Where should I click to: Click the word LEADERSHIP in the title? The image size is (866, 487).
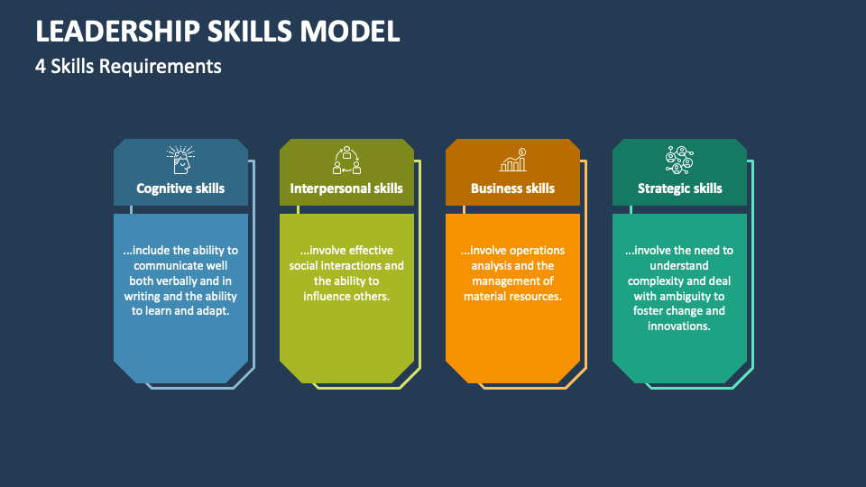[x=117, y=31]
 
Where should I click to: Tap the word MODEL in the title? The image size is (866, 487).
[x=350, y=31]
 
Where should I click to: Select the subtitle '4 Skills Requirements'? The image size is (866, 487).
[x=128, y=66]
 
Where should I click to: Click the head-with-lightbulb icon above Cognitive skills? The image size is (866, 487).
[x=180, y=161]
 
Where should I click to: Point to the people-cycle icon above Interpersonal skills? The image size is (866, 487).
[x=346, y=161]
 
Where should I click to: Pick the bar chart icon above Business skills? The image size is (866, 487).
[x=513, y=161]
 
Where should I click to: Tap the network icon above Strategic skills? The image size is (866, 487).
[x=679, y=161]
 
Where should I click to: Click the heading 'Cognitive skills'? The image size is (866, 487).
[x=180, y=188]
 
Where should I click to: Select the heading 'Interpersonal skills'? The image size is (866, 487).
[x=346, y=188]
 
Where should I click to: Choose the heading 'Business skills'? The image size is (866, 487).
[x=512, y=188]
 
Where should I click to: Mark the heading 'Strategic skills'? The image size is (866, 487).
[x=680, y=188]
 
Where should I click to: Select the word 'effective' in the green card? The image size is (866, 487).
[x=371, y=250]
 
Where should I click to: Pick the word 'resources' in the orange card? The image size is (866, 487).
[x=535, y=296]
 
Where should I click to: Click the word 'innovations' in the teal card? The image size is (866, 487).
[x=677, y=326]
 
